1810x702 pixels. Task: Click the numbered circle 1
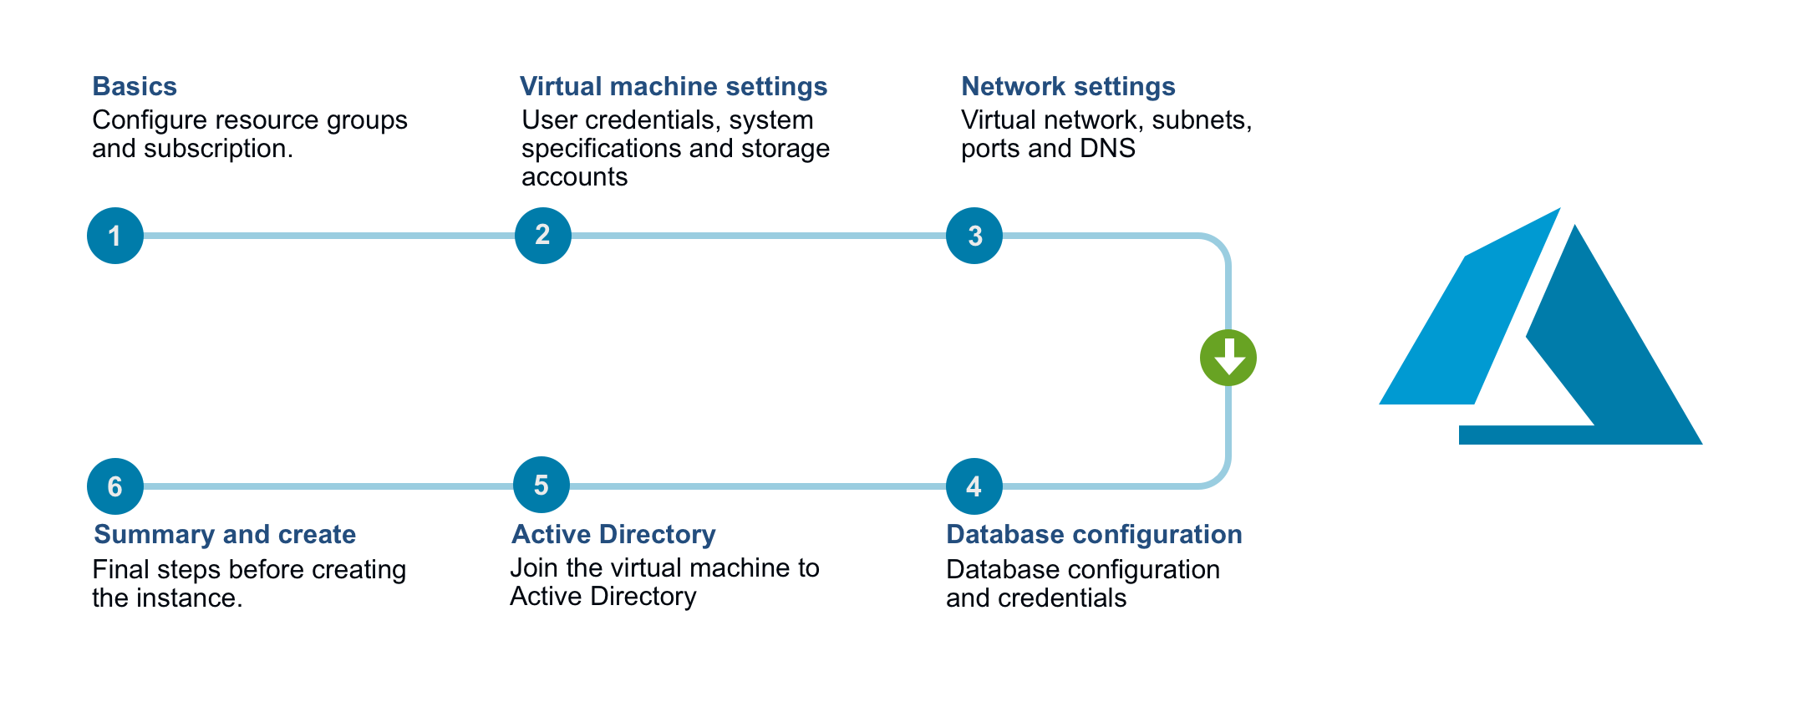click(x=115, y=236)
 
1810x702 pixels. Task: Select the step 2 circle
click(x=543, y=236)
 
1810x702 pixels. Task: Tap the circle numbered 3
click(x=974, y=236)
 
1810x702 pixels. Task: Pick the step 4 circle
click(x=974, y=486)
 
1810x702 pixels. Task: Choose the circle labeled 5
click(x=541, y=485)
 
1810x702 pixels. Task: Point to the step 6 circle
click(x=115, y=486)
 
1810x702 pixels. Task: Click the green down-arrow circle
click(x=1228, y=358)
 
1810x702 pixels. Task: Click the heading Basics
click(x=135, y=86)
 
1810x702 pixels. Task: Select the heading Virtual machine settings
click(x=674, y=86)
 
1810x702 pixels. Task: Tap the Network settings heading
click(x=1068, y=86)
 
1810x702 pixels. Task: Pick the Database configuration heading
click(x=1094, y=534)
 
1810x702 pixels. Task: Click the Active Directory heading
click(x=613, y=534)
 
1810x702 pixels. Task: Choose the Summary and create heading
click(x=225, y=534)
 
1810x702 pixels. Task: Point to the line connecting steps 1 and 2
click(x=329, y=236)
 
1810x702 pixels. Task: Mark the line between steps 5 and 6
click(x=329, y=486)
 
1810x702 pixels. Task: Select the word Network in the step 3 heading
click(x=1013, y=86)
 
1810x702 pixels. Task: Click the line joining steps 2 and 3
click(x=759, y=236)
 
